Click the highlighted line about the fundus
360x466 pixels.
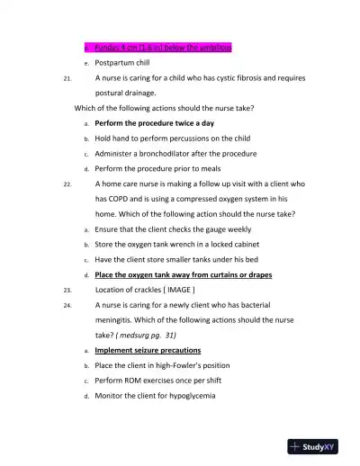157,47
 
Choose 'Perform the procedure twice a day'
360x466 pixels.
154,122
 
